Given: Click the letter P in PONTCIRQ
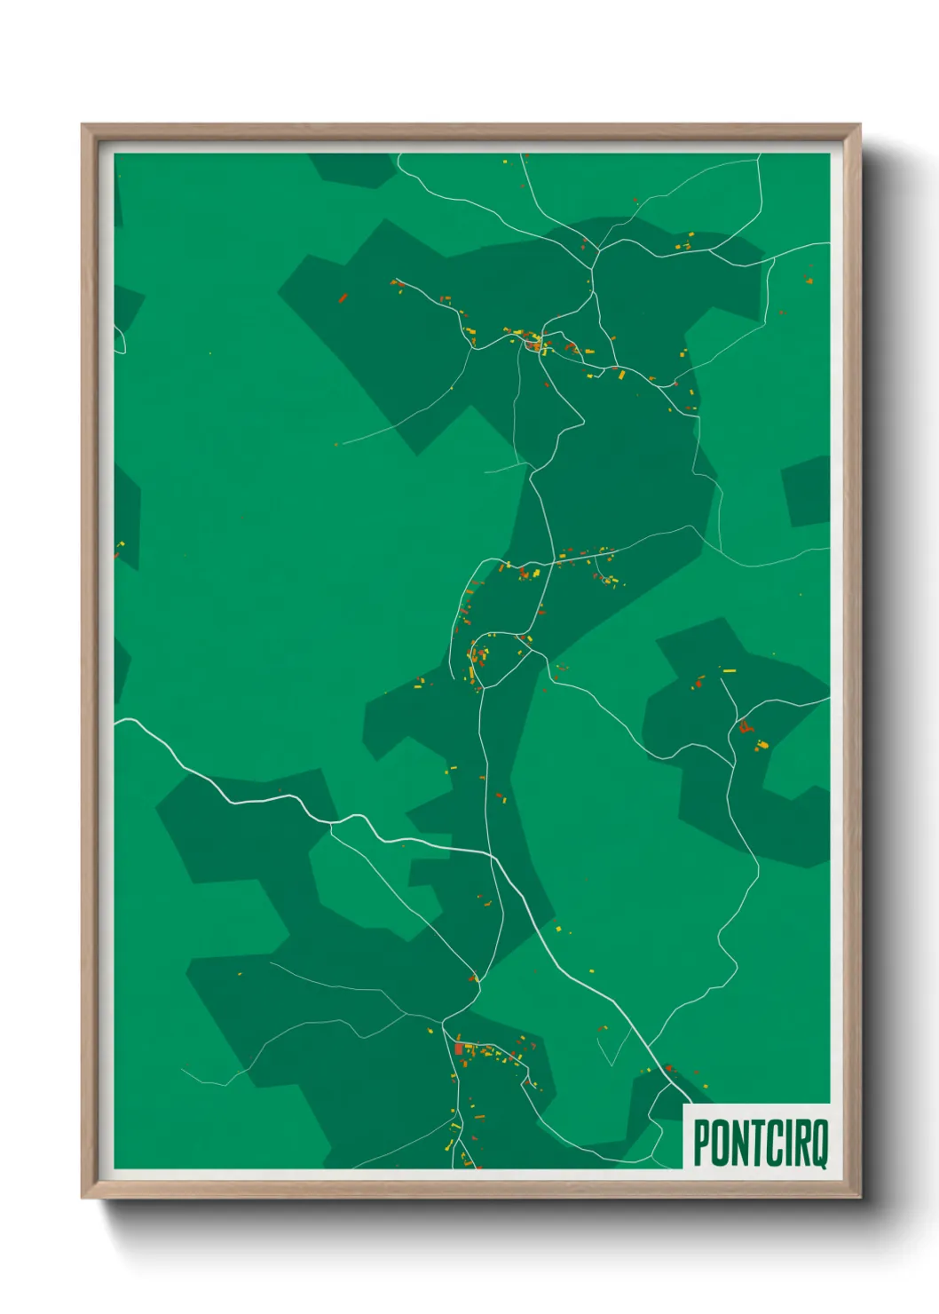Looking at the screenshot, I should tap(701, 1143).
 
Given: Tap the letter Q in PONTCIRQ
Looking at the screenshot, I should tap(818, 1144).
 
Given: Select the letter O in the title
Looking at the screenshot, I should tap(720, 1143).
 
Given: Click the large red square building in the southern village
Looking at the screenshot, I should tap(458, 1049).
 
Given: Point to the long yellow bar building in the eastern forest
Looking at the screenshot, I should tap(729, 670).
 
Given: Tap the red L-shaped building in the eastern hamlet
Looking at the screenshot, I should tap(744, 727).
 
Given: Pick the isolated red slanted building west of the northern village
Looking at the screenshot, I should tap(342, 298).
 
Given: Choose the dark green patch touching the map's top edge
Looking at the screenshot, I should tap(352, 169).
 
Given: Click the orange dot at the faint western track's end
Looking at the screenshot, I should tap(335, 444).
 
